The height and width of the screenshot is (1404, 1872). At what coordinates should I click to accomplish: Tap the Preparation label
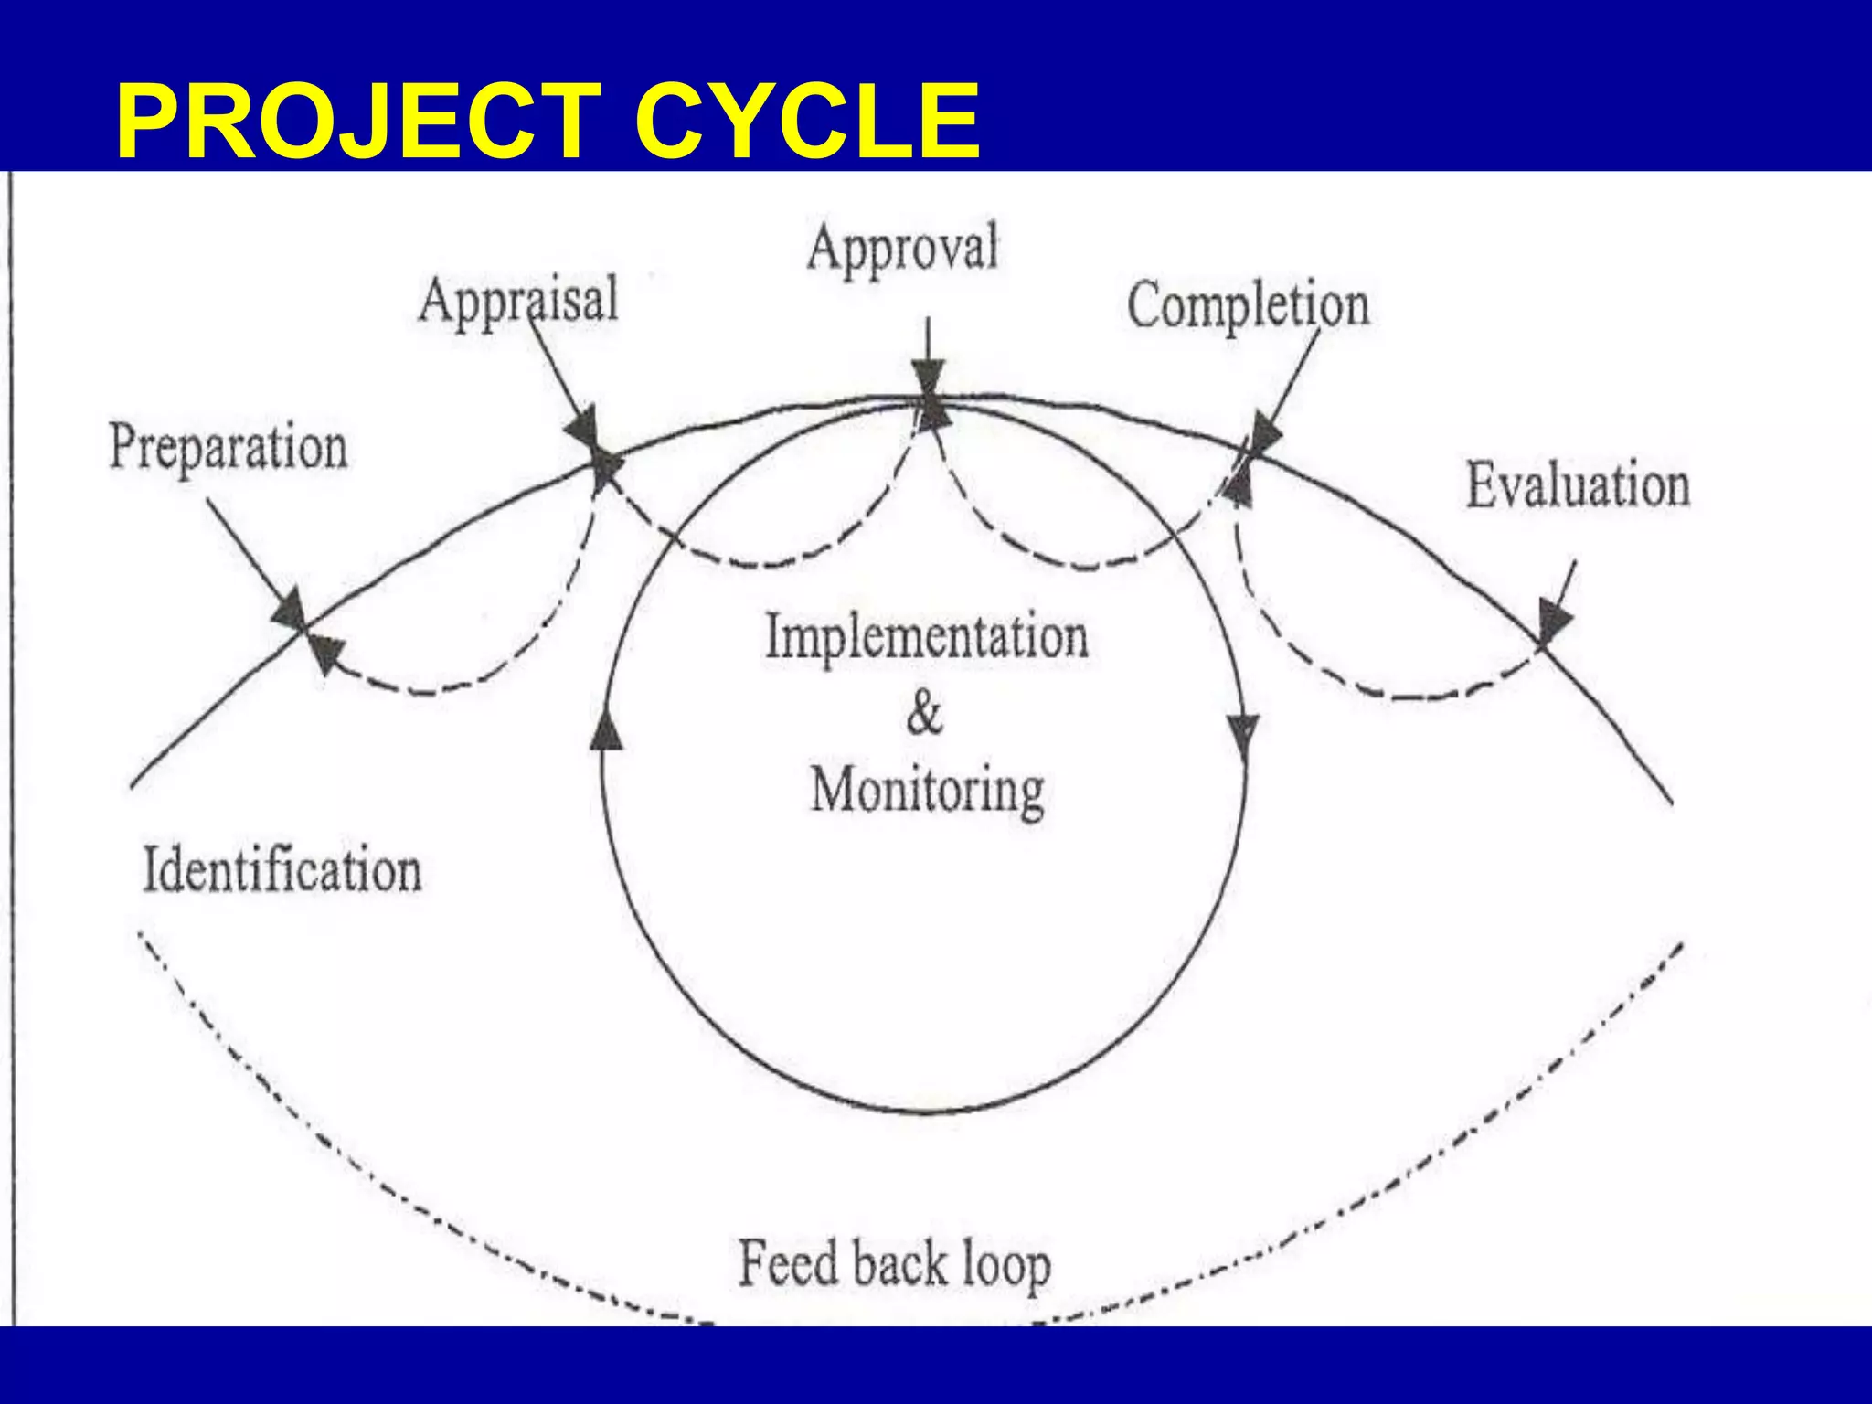point(229,447)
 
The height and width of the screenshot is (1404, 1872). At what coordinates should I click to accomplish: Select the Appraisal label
point(518,300)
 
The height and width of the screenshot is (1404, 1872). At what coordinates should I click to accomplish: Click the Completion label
point(1248,304)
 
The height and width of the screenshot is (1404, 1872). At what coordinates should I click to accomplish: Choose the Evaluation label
point(1578,485)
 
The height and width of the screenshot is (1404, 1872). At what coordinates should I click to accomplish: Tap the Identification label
point(282,869)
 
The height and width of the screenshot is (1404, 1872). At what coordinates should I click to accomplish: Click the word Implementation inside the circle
point(926,636)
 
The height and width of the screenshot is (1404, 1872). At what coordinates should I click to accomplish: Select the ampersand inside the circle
point(924,713)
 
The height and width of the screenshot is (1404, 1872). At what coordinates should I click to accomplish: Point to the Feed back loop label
point(894,1264)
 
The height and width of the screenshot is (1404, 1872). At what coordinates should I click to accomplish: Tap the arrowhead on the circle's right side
point(1243,733)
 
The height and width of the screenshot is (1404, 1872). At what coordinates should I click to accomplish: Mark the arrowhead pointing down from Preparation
point(291,608)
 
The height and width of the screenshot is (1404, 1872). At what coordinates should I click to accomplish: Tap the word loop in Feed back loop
point(1005,1266)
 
